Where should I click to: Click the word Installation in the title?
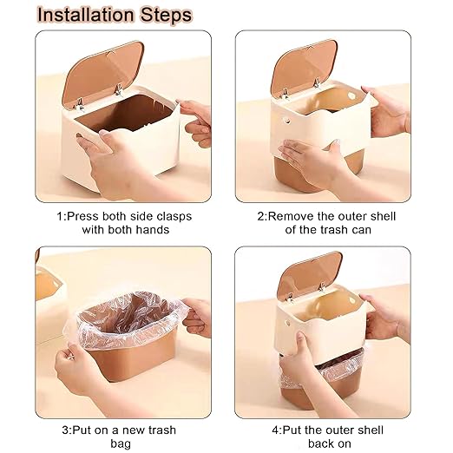pos(86,15)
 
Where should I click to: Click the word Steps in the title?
pos(166,16)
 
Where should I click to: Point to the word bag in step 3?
pos(121,443)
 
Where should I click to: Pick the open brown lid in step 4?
pos(309,274)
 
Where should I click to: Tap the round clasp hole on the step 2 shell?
pos(287,121)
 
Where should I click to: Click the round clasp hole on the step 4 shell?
pos(287,323)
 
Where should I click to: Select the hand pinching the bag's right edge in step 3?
pos(197,317)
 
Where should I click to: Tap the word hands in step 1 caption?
pos(153,230)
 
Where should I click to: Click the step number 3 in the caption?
pos(65,430)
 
